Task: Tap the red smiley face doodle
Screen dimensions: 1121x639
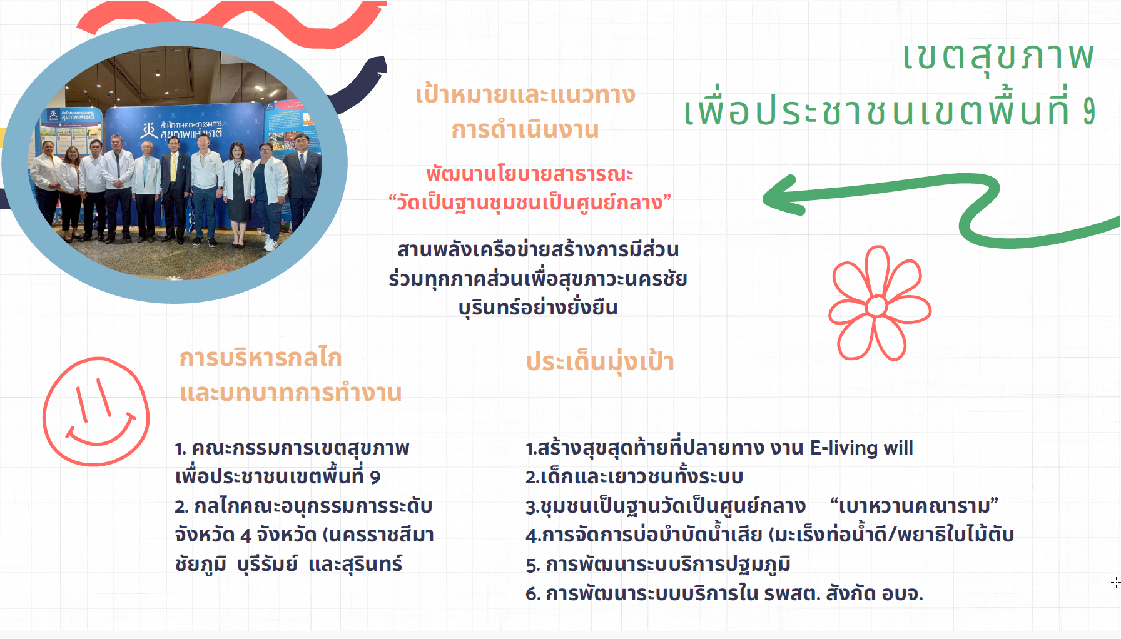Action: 96,411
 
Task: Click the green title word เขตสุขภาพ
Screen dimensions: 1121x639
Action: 998,56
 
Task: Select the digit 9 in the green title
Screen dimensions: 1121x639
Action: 1089,111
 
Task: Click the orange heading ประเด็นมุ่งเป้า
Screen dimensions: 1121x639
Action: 600,362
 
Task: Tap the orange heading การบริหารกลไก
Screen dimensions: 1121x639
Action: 260,358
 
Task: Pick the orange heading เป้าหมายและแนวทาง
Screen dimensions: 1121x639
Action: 525,95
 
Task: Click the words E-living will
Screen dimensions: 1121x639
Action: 861,448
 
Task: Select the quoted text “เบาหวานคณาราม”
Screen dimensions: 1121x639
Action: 914,505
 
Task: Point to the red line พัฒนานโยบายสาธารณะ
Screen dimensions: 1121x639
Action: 530,173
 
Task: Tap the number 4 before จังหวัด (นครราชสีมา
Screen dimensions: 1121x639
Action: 246,535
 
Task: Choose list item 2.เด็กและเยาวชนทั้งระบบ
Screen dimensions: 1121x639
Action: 634,477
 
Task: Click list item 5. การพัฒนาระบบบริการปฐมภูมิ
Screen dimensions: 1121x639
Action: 658,565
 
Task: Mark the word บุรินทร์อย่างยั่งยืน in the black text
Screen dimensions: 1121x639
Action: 538,308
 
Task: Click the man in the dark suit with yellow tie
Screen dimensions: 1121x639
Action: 175,188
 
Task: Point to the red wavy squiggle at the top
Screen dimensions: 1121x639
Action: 231,22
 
